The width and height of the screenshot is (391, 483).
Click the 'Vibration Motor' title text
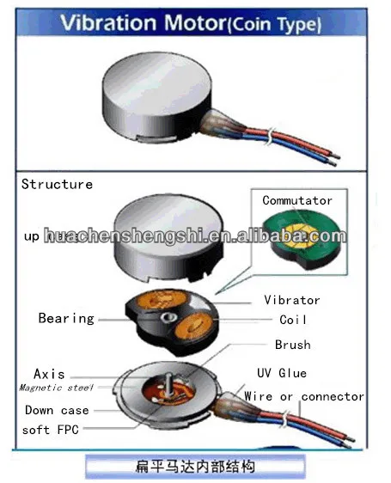click(x=143, y=23)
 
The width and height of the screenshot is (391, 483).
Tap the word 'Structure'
click(x=57, y=184)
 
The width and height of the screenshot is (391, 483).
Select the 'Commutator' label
click(x=297, y=200)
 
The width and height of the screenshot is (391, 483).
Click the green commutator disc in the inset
click(x=302, y=239)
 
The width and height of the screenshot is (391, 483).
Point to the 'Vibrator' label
click(x=292, y=300)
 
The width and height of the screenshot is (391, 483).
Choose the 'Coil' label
click(x=293, y=320)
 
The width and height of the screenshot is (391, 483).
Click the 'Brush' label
click(x=293, y=345)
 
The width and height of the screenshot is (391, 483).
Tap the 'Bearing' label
click(x=66, y=319)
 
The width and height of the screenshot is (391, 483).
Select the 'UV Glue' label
click(x=282, y=373)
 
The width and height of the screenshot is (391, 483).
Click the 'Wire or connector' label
click(x=304, y=396)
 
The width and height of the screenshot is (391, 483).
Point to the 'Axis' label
click(x=49, y=374)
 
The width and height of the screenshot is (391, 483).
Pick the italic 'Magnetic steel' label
click(x=57, y=388)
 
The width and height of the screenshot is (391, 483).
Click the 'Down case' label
click(x=57, y=410)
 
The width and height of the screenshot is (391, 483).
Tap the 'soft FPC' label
click(x=51, y=430)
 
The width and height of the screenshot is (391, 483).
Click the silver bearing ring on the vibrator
click(x=168, y=317)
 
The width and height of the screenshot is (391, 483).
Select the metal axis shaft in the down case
click(x=168, y=386)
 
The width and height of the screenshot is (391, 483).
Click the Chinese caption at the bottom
click(x=195, y=467)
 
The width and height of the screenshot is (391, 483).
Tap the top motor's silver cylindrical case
click(x=156, y=97)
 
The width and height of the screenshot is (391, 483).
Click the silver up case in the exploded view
click(x=168, y=237)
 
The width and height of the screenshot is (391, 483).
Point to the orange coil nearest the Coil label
click(x=193, y=327)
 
